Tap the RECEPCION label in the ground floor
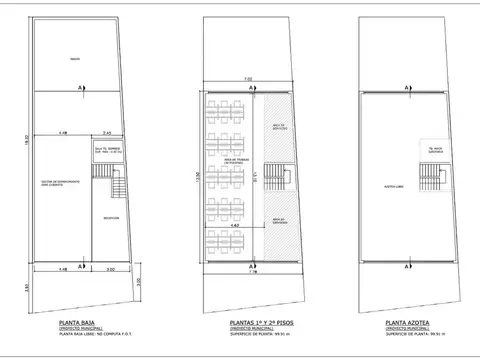111,217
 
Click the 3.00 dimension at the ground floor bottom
111,269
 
